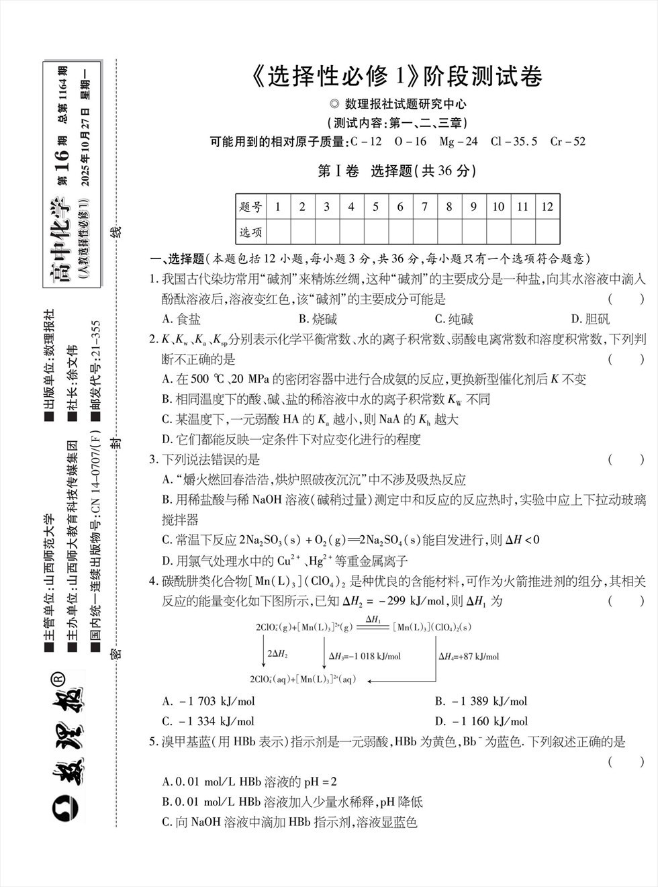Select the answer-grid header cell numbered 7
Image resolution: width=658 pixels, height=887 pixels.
point(424,207)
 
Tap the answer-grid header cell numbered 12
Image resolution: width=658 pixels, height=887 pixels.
point(547,207)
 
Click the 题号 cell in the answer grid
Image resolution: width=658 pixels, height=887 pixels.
point(251,207)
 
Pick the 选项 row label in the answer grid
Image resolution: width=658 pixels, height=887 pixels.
point(251,232)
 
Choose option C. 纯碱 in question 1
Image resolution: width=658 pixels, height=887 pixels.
point(454,319)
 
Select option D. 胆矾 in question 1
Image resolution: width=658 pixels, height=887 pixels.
point(590,319)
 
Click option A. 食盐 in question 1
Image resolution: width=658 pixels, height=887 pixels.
point(181,319)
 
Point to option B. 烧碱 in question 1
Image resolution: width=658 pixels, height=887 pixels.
point(318,319)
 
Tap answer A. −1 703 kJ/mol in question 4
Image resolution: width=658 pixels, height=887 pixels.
point(209,701)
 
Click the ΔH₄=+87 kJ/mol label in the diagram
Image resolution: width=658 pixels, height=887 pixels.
point(469,656)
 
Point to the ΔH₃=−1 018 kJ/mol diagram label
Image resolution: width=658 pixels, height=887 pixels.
point(365,656)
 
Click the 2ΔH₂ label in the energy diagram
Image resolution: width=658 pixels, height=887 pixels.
point(278,653)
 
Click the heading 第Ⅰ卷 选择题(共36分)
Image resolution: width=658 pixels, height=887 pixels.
point(396,171)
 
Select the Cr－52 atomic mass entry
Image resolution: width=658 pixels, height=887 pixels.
point(567,142)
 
